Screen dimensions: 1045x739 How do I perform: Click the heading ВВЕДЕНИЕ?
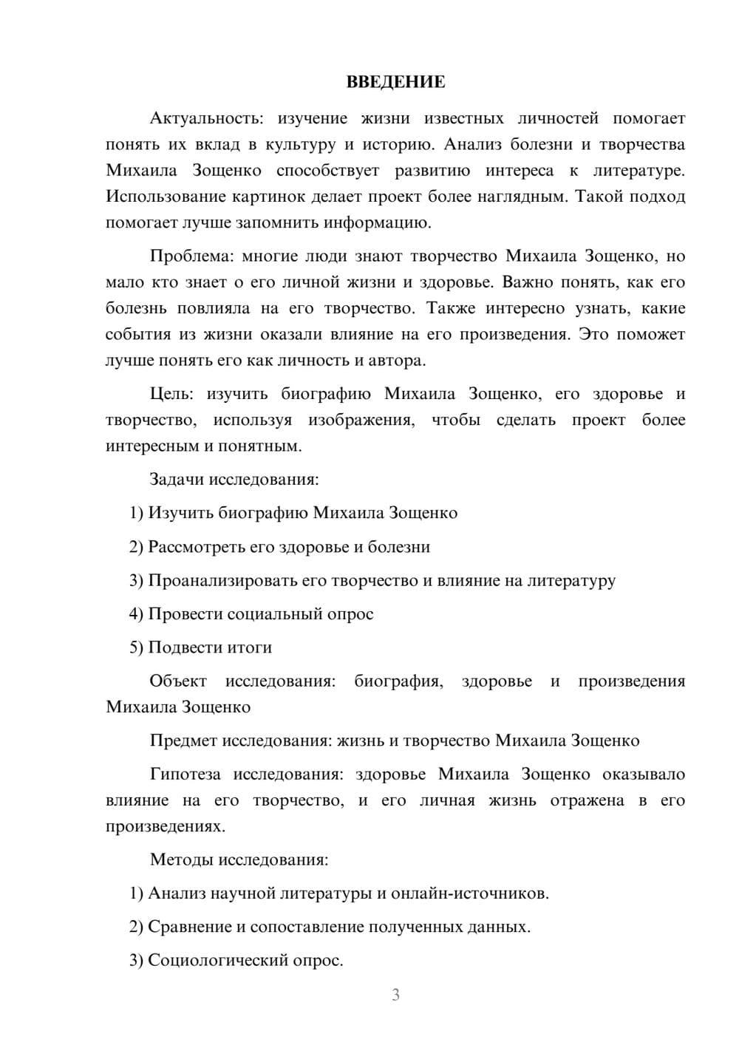click(x=395, y=82)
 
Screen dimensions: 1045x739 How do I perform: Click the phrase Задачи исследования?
click(x=234, y=479)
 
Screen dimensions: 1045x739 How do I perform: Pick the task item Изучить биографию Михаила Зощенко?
click(x=302, y=513)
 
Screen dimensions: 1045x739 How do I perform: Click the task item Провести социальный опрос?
click(x=260, y=613)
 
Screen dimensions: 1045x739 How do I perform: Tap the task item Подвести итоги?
click(x=209, y=647)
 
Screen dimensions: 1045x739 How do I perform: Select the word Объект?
click(x=178, y=681)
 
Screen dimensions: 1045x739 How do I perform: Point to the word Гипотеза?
click(x=185, y=774)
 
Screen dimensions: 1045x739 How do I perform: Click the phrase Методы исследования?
click(x=239, y=860)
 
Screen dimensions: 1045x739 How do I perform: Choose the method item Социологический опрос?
click(x=245, y=960)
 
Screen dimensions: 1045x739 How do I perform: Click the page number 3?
click(x=395, y=995)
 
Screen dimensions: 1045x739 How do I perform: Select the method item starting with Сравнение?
click(x=338, y=927)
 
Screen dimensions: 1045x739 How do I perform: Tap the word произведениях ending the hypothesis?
click(x=165, y=826)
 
